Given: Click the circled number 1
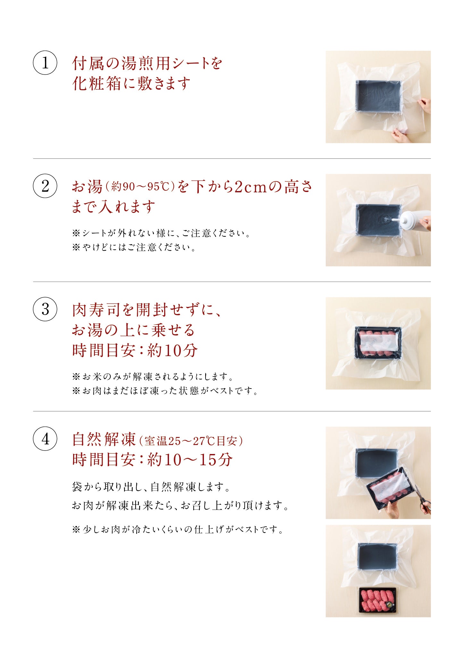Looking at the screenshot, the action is (x=45, y=63).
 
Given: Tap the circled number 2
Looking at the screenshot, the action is (x=45, y=186).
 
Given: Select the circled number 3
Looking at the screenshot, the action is (x=45, y=309).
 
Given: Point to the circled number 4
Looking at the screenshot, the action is (x=45, y=439).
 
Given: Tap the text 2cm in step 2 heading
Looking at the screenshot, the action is (x=251, y=187).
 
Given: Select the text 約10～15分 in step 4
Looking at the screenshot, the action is (x=190, y=460).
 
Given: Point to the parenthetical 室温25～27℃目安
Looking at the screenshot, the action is (x=191, y=441).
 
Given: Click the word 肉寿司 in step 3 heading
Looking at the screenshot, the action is (x=96, y=310).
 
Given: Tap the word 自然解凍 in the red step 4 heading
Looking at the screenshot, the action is (x=104, y=439).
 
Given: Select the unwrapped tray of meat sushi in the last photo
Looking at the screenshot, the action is (x=378, y=600).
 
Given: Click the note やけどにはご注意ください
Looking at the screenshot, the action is (x=134, y=248).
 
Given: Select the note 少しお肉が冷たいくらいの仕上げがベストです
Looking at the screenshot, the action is (x=178, y=529).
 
